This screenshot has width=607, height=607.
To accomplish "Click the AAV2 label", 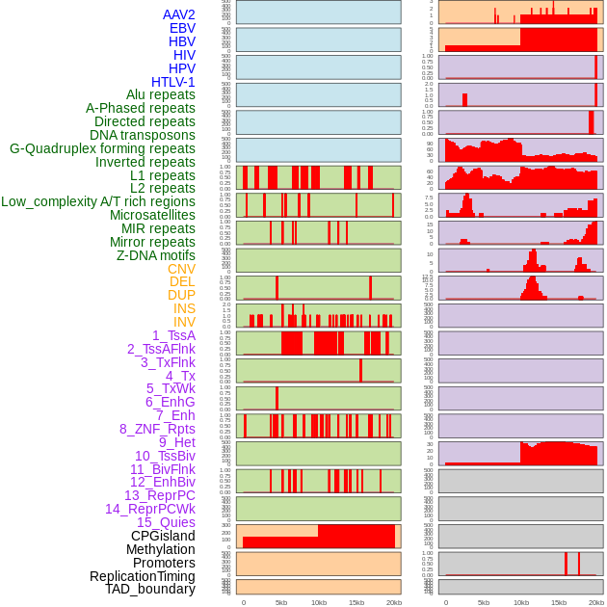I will pyautogui.click(x=178, y=14).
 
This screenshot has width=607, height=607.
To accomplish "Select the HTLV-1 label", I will pyautogui.click(x=172, y=82).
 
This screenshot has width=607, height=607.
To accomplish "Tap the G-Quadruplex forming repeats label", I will pyautogui.click(x=102, y=148).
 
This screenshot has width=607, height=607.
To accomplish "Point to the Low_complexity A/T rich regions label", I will pyautogui.click(x=98, y=201).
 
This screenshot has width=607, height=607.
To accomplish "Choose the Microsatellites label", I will pyautogui.click(x=152, y=215).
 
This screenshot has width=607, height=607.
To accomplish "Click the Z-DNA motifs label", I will pyautogui.click(x=156, y=255).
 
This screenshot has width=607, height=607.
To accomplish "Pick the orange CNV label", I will pyautogui.click(x=181, y=269).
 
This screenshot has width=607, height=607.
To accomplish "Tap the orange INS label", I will pyautogui.click(x=184, y=308).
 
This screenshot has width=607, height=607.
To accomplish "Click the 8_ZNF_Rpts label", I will pyautogui.click(x=157, y=429).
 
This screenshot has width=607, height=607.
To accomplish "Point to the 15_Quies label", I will pyautogui.click(x=165, y=522).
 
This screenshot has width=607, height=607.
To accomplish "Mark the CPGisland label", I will pyautogui.click(x=163, y=536).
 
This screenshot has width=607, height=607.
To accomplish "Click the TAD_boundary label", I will pyautogui.click(x=150, y=589).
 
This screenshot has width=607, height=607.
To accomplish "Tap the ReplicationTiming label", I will pyautogui.click(x=143, y=576).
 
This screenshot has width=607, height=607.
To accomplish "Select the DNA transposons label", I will pyautogui.click(x=143, y=135).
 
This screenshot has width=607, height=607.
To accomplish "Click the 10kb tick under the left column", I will pyautogui.click(x=319, y=602).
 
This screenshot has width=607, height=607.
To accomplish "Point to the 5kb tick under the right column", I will pyautogui.click(x=483, y=602).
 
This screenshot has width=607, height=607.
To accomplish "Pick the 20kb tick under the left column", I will pyautogui.click(x=394, y=602).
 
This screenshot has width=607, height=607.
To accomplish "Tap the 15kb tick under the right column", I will pyautogui.click(x=558, y=602).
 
